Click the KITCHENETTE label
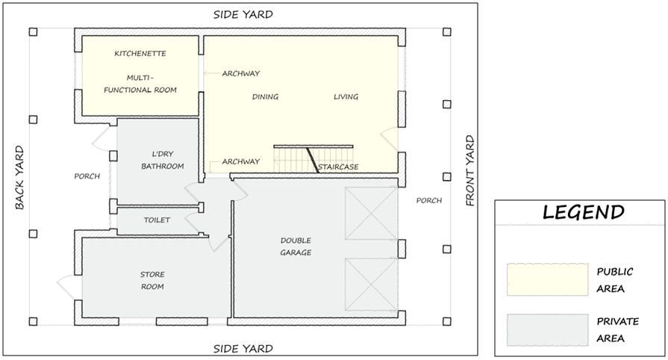point(140,54)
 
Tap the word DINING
point(265,97)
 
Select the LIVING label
point(346,97)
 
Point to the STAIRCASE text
point(338,167)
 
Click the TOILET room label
point(157,220)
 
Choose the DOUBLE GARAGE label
point(296,246)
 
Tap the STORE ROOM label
point(152,281)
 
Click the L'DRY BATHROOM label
point(162,160)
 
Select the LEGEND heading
point(584,212)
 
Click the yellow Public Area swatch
point(547,279)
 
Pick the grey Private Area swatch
point(547,331)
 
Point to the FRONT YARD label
point(469,170)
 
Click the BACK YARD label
point(19,178)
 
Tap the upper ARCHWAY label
point(240,73)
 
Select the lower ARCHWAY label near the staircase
point(240,161)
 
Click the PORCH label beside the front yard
point(429,200)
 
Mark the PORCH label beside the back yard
point(87,176)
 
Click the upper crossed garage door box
point(371,214)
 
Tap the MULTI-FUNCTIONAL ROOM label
point(140,84)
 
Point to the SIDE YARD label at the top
point(243,14)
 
